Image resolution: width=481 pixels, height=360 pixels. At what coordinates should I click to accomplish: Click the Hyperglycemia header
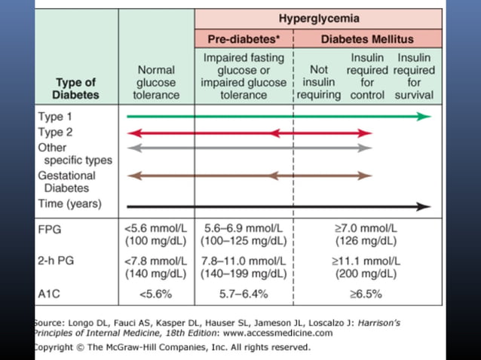(x=319, y=19)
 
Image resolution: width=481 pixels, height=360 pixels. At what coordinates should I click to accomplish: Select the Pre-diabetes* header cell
(x=242, y=38)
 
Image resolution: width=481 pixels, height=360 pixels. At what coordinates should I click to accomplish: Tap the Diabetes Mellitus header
(x=367, y=38)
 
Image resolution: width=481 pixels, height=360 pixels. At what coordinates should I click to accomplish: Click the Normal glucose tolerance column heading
(x=156, y=82)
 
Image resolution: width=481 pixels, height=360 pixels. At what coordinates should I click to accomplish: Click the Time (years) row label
(x=69, y=204)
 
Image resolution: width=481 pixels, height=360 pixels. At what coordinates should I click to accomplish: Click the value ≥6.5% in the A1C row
(x=366, y=293)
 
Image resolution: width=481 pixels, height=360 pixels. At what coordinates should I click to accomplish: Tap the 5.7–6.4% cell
(x=242, y=293)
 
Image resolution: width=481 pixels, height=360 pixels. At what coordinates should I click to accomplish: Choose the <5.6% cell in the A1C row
(x=156, y=293)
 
